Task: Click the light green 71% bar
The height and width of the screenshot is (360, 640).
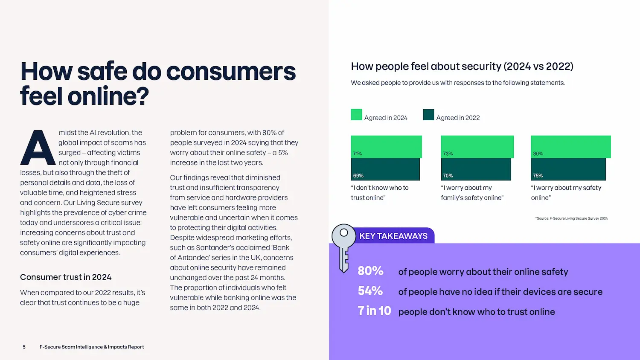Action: pos(386,147)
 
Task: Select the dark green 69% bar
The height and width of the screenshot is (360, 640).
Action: pos(385,169)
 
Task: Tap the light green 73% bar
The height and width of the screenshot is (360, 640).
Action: pos(477,147)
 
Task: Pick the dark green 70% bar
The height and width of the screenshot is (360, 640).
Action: pos(476,169)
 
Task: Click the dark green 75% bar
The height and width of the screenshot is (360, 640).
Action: pos(568,169)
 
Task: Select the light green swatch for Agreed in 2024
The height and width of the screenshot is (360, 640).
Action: pos(356,115)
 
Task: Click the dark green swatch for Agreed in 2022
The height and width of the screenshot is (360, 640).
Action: pos(428,115)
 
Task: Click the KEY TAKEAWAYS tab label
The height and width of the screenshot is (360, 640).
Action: pos(393,236)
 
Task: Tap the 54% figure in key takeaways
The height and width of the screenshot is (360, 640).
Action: pos(370,291)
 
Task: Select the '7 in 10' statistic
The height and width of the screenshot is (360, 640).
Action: pos(374,311)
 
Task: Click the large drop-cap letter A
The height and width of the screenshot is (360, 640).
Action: pos(38,148)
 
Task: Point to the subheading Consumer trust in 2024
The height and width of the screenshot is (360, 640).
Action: pos(66,277)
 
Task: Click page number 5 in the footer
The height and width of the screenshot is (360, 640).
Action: pos(24,347)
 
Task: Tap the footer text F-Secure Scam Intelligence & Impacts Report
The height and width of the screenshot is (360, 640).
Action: pos(92,347)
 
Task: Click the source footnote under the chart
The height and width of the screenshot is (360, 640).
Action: pos(571,218)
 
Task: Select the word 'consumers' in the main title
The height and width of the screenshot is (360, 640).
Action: pos(231,71)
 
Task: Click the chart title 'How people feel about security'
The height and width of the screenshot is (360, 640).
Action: pos(462,67)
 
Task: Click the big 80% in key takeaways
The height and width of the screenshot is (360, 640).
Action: pos(370,271)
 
